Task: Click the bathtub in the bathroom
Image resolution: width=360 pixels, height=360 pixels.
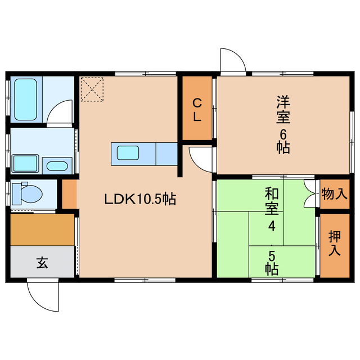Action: click(25, 99)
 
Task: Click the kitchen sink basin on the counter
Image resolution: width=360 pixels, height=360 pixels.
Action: click(128, 154)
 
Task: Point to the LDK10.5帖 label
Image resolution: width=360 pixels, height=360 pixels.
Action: click(139, 199)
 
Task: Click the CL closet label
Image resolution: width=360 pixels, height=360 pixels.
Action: click(197, 110)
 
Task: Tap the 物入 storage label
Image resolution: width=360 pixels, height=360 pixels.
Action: click(334, 195)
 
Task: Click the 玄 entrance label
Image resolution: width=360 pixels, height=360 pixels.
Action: click(42, 262)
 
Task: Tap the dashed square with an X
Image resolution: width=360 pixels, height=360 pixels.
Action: click(92, 89)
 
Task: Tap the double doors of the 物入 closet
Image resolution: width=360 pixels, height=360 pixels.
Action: click(309, 195)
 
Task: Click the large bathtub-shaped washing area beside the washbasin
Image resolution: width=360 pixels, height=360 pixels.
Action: click(25, 164)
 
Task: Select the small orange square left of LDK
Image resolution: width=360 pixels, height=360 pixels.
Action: click(69, 193)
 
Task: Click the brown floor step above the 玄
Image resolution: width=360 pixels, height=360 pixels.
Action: click(42, 229)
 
